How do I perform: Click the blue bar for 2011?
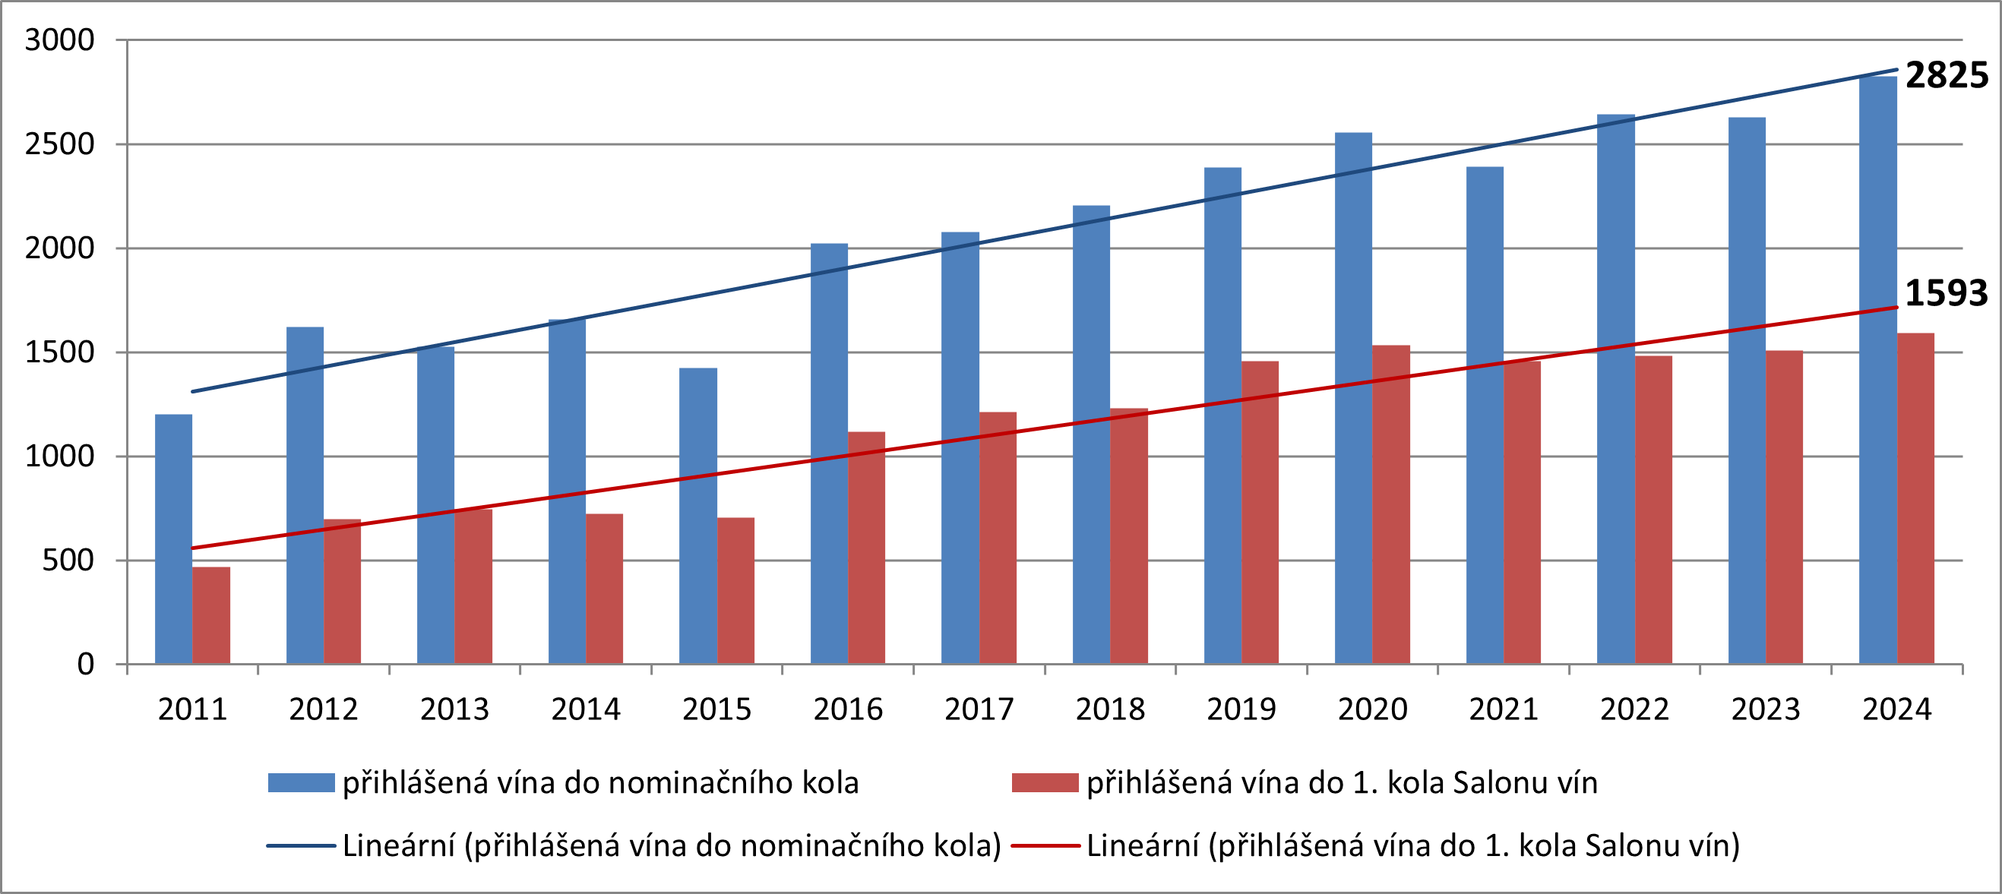(173, 539)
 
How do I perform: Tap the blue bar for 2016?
(828, 453)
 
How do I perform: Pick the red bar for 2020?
(1390, 504)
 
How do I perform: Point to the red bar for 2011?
(210, 615)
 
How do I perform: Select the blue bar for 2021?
(1485, 415)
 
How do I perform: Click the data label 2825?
(1946, 75)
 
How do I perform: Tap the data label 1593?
(1945, 293)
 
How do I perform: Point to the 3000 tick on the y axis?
(59, 39)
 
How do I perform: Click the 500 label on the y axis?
(68, 560)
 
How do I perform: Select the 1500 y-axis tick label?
(59, 352)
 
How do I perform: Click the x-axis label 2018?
(1110, 709)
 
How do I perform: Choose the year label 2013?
(454, 709)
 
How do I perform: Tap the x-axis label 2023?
(1765, 709)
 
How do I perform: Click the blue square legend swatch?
(301, 782)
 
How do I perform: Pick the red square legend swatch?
(1045, 782)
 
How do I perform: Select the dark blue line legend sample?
(301, 845)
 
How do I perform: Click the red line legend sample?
(1045, 845)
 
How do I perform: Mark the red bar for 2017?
(997, 538)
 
